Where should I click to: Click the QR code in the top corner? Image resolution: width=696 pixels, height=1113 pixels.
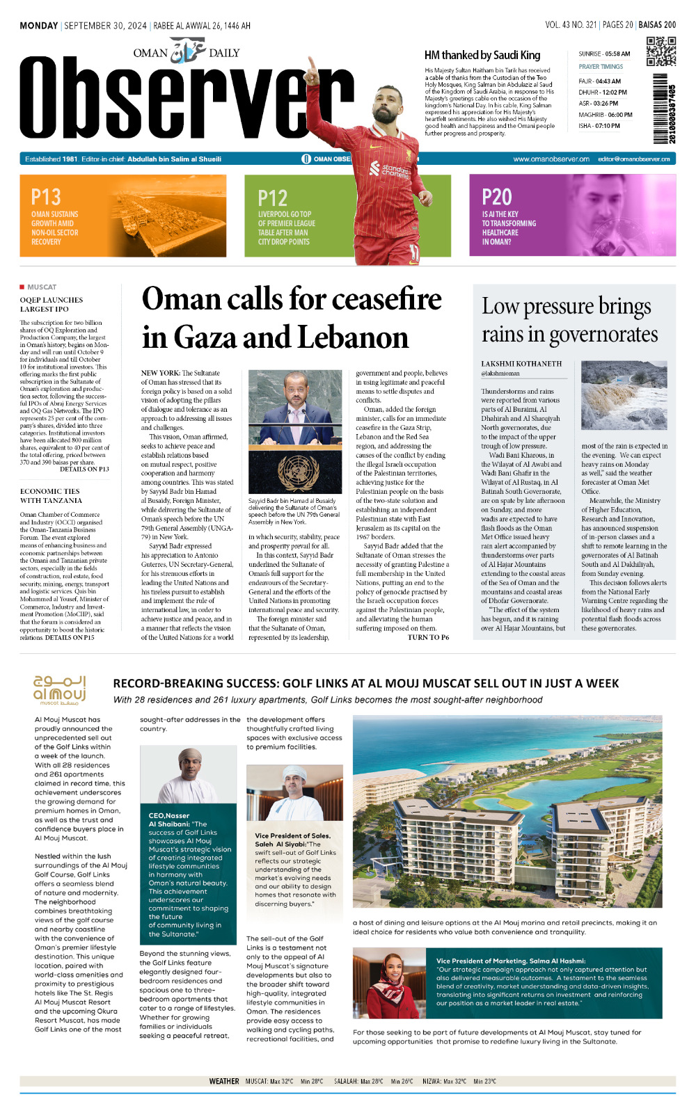(x=661, y=51)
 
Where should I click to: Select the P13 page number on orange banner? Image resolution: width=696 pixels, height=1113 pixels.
(x=46, y=198)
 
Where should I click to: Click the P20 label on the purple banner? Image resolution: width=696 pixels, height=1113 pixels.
(x=497, y=198)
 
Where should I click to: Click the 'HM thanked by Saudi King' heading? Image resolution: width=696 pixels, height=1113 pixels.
(x=482, y=55)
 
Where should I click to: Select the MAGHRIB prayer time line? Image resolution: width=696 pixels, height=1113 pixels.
(x=606, y=115)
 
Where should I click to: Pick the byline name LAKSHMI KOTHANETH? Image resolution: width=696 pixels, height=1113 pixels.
(x=521, y=364)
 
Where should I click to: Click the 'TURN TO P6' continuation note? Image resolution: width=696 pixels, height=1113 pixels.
(x=428, y=637)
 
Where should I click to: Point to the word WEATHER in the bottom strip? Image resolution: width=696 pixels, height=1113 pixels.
(x=223, y=1081)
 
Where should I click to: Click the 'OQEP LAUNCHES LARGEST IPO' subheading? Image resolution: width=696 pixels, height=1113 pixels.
(x=52, y=305)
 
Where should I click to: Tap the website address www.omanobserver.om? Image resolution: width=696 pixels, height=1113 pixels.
(x=551, y=159)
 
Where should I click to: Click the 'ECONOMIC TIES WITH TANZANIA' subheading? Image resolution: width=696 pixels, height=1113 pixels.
(x=51, y=496)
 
